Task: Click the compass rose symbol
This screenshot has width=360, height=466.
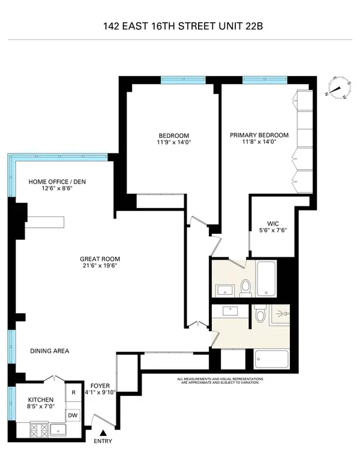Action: coord(338,89)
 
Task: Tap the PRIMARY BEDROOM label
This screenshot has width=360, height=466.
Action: coord(259,135)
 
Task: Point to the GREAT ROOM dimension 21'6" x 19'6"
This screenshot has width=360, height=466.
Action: coord(98,267)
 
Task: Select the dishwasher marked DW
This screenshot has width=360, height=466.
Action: coord(73,415)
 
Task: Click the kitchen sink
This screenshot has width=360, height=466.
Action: coord(58,429)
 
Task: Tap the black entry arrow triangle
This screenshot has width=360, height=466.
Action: coord(103,432)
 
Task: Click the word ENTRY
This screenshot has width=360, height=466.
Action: coord(103,443)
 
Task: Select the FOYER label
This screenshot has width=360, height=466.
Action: coord(100,386)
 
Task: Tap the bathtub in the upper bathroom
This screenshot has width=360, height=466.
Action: coord(266,279)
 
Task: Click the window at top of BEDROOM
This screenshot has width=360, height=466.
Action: coord(184,79)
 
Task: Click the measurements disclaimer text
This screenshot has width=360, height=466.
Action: coord(218,381)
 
